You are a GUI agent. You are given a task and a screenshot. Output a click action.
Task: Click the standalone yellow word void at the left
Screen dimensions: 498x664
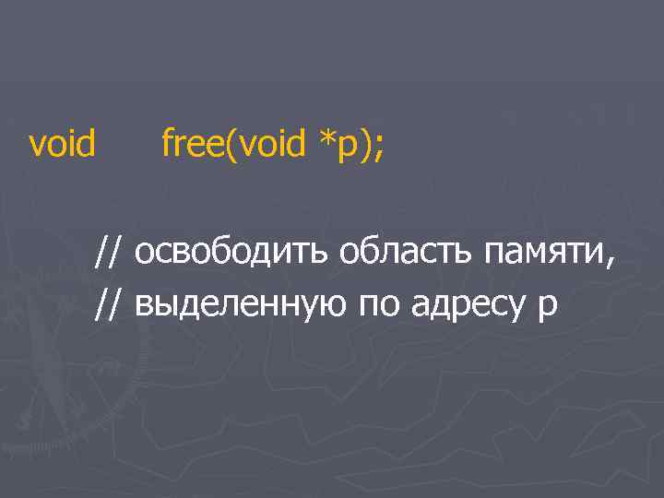click(x=63, y=143)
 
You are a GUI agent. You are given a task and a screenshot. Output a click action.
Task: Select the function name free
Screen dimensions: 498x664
click(x=195, y=143)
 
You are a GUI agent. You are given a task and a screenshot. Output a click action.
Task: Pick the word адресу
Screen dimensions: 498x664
click(x=465, y=306)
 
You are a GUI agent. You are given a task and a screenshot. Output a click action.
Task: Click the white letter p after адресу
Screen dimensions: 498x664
click(x=547, y=307)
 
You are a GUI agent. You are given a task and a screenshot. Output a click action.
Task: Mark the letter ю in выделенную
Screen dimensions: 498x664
click(x=328, y=304)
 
